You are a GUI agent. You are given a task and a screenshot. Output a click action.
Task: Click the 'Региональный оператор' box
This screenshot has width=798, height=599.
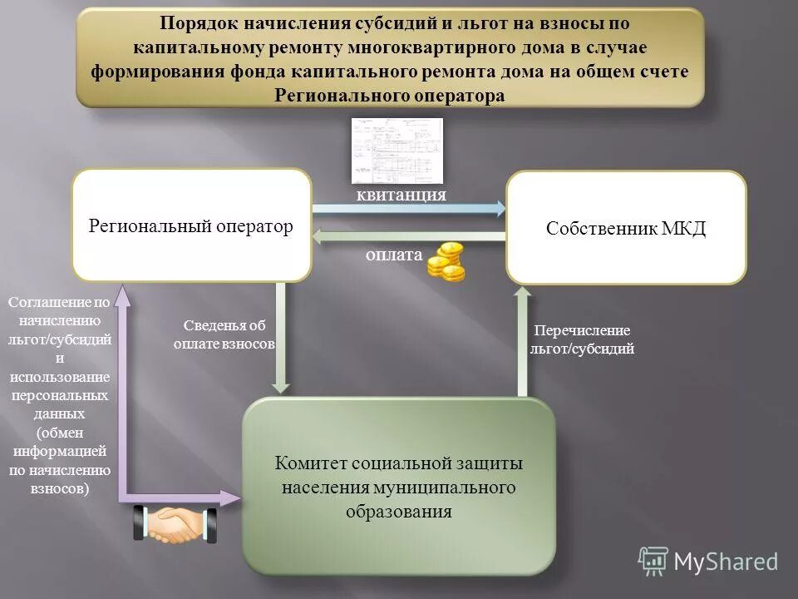tap(191, 225)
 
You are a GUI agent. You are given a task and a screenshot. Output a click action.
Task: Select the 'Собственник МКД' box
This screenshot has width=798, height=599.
tap(626, 228)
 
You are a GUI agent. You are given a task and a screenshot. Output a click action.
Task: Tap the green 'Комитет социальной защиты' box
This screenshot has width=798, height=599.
tap(398, 486)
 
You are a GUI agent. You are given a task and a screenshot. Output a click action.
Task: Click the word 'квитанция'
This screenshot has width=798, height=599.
tap(401, 194)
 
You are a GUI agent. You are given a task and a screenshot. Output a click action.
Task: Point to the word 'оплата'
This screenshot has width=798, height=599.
tap(394, 255)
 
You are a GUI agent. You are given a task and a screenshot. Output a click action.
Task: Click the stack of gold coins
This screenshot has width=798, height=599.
tap(446, 261)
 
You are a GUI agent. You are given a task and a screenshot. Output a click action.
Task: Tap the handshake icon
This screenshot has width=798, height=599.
tap(175, 525)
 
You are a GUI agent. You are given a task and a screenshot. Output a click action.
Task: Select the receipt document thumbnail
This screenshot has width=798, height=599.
tap(397, 150)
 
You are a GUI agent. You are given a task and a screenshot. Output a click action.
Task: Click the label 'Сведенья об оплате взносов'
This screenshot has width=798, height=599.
tap(224, 334)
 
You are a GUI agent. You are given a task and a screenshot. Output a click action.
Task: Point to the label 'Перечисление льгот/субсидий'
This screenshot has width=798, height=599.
tap(582, 339)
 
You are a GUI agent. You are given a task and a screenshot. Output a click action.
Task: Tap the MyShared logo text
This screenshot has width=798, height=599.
tap(725, 562)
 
